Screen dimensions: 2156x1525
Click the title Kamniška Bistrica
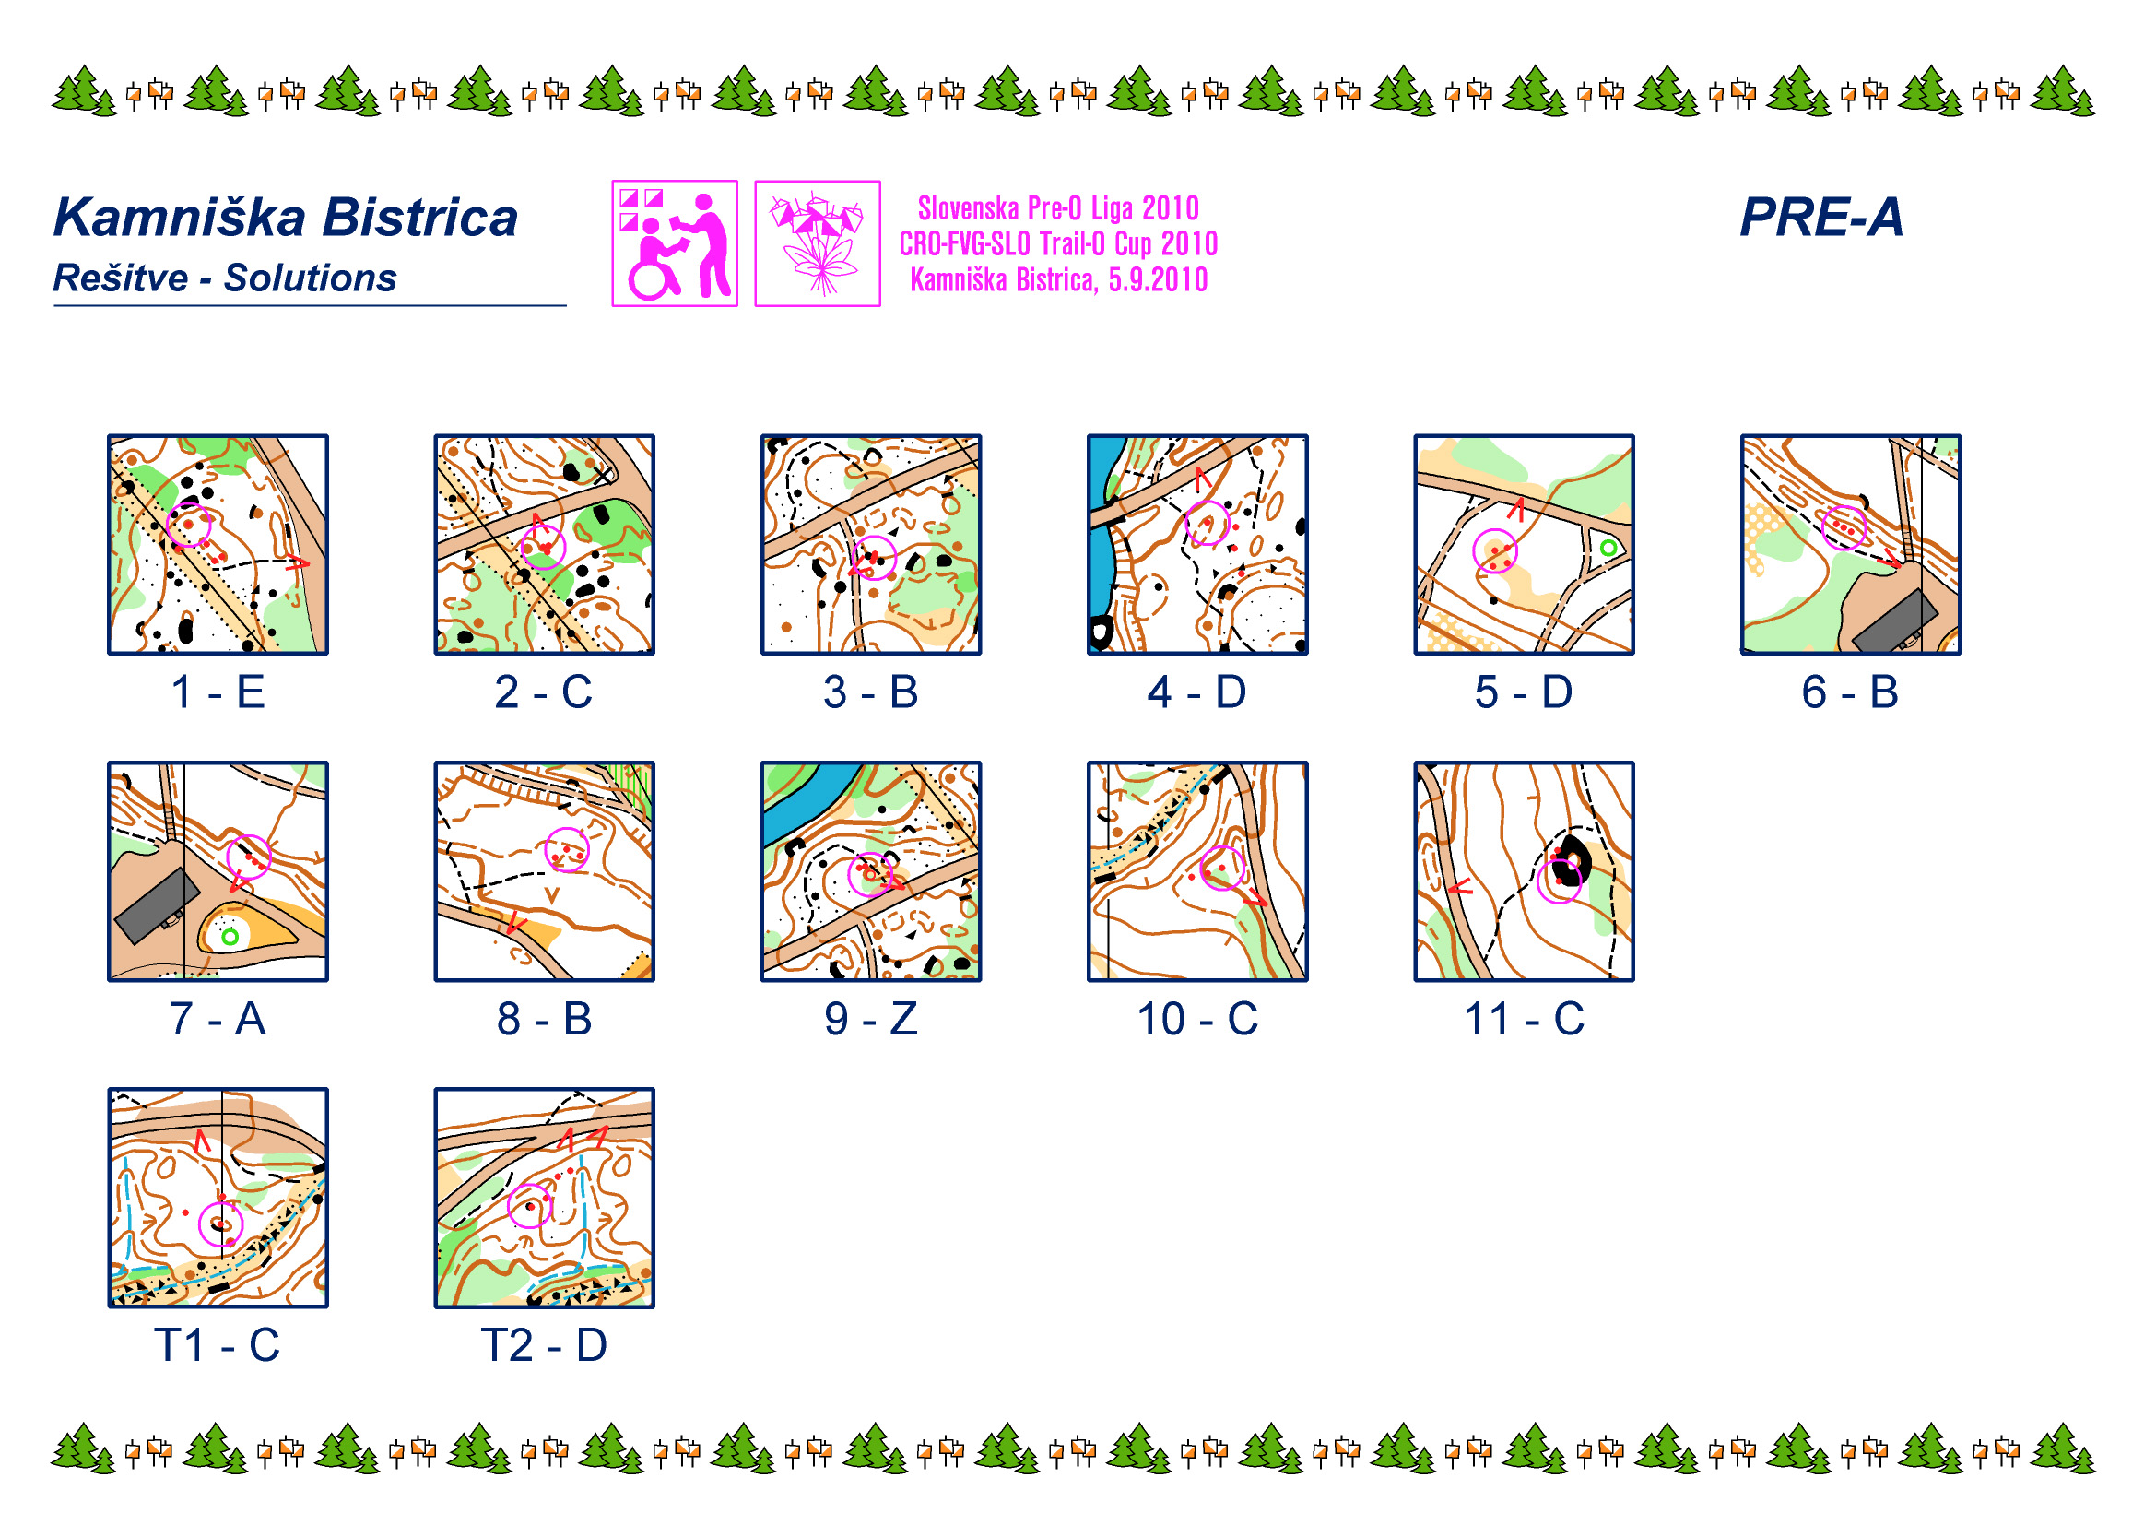click(x=286, y=218)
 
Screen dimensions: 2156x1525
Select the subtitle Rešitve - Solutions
click(x=224, y=278)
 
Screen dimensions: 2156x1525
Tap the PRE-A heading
click(x=1820, y=217)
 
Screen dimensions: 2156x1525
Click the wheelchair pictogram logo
click(x=674, y=243)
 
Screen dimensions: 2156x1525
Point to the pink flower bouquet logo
click(x=817, y=243)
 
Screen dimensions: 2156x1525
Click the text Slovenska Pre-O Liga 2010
click(x=1058, y=207)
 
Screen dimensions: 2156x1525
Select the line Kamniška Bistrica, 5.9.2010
click(x=1058, y=280)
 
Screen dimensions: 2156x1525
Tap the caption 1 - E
click(x=218, y=692)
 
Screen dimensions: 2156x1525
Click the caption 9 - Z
click(x=870, y=1019)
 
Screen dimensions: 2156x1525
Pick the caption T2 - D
click(x=544, y=1345)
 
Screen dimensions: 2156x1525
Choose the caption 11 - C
click(x=1524, y=1019)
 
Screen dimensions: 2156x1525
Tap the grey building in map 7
click(x=157, y=905)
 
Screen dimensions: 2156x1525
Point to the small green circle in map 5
click(x=1608, y=548)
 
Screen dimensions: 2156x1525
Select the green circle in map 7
click(x=230, y=936)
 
